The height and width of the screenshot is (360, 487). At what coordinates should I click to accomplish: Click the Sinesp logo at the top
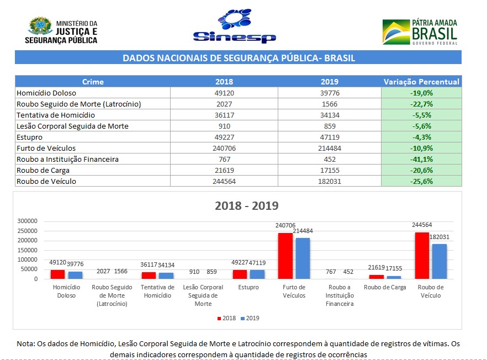point(234,28)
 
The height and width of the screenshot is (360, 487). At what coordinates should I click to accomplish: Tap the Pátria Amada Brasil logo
point(420,31)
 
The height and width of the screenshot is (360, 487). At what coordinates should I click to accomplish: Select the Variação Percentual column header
point(421,82)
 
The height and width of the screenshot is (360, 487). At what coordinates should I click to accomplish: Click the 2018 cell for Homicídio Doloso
point(224,93)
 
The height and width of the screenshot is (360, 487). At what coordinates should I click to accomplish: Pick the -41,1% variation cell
point(421,159)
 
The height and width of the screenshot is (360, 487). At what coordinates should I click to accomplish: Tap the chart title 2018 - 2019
point(246,206)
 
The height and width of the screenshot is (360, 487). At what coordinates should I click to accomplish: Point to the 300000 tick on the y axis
point(27,221)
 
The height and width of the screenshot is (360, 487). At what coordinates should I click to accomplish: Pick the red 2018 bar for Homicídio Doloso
point(57,274)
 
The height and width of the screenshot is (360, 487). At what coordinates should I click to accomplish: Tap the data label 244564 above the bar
point(421,226)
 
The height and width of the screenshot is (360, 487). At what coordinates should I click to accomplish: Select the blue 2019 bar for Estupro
point(257,274)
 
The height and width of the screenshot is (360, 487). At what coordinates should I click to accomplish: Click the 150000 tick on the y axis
point(27,250)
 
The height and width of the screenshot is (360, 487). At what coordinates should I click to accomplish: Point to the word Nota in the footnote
point(25,343)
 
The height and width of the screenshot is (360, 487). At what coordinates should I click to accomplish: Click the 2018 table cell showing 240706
point(224,148)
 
